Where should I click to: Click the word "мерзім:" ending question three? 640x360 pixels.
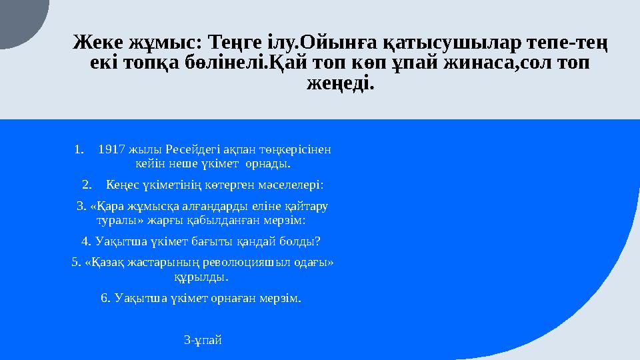click(x=286, y=219)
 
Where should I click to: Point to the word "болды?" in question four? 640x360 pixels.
click(x=298, y=241)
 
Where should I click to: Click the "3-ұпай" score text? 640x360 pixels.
click(x=203, y=341)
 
